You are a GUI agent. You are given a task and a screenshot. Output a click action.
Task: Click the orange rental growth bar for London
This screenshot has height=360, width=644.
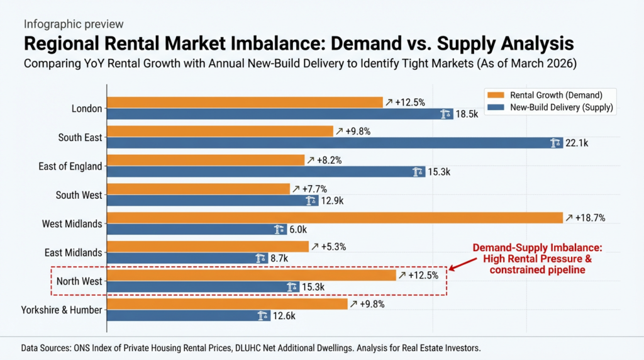[245, 102]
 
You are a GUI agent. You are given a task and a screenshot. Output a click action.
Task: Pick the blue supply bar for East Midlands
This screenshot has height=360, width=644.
[182, 258]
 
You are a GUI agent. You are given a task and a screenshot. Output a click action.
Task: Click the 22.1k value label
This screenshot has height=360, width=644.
[576, 143]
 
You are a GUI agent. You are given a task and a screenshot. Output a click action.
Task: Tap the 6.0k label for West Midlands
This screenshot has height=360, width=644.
[297, 230]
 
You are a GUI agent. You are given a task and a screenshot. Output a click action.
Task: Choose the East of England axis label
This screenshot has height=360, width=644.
[70, 166]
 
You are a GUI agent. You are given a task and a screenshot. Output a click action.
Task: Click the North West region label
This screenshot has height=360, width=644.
[79, 281]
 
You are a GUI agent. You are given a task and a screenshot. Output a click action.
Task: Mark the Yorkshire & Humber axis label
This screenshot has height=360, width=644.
[61, 310]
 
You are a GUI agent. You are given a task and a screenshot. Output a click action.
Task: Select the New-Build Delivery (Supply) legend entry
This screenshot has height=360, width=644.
[555, 108]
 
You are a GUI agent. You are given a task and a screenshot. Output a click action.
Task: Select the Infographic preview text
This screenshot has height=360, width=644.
[74, 24]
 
